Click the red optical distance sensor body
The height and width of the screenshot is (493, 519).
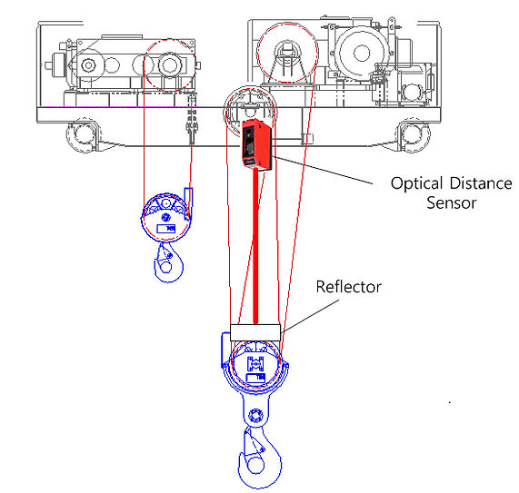pos(257,144)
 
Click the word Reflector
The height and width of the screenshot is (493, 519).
pos(348,287)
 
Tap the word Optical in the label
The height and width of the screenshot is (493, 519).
pos(416,183)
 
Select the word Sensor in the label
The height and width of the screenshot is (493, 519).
pos(451,202)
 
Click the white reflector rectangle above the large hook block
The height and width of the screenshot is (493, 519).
pos(255,332)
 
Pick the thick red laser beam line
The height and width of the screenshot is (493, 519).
pos(255,246)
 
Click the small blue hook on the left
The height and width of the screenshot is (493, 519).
pos(168,263)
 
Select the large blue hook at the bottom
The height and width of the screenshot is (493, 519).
pos(260,458)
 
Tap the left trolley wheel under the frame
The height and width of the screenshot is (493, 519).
pos(83,135)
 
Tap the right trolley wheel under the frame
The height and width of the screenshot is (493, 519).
pos(413,135)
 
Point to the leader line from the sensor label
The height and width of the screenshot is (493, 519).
pos(323,170)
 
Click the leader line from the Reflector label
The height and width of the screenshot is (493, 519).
pos(310,316)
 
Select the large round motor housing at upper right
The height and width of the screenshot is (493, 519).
pos(362,53)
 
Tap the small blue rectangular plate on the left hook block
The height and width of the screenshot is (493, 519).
pos(166,229)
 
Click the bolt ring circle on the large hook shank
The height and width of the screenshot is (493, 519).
pos(255,416)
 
